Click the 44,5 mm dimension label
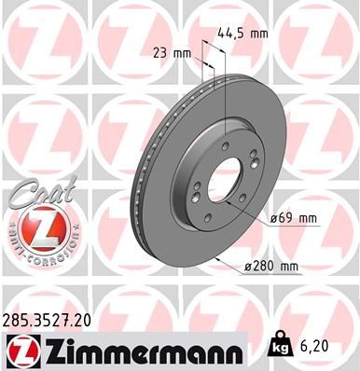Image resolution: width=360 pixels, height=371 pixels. (242, 33)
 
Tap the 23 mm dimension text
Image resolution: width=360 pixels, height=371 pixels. (169, 53)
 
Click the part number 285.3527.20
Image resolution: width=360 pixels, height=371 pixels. (48, 320)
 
